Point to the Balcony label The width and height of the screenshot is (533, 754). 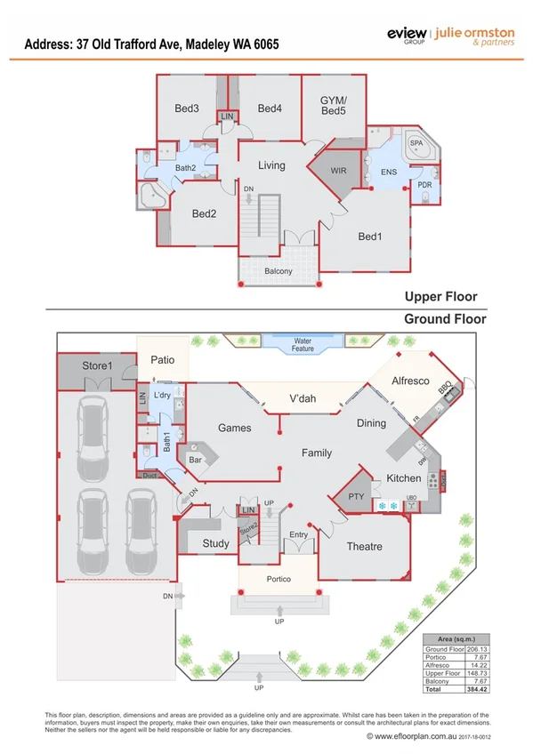279,271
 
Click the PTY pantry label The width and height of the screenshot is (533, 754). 356,497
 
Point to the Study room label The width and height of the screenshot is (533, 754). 215,542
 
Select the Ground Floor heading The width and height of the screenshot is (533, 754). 445,318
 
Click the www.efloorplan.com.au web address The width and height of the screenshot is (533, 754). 416,736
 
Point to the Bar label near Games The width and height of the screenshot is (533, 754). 194,461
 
